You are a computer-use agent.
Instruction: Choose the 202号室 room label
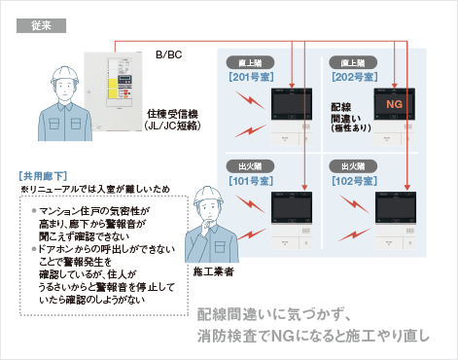352,75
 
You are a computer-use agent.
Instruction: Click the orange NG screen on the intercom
395,103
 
